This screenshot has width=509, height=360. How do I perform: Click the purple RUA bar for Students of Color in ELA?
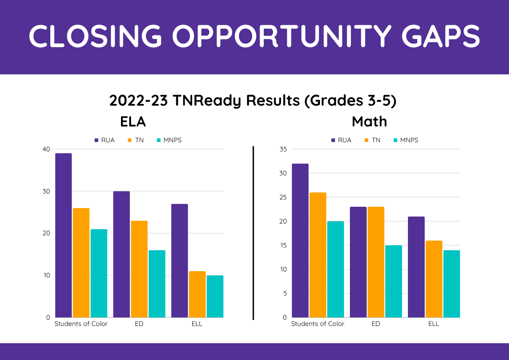63,235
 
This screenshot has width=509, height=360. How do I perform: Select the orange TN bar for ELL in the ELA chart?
197,294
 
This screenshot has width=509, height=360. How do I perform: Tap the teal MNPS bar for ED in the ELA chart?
157,284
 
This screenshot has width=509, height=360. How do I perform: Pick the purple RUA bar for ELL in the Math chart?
416,267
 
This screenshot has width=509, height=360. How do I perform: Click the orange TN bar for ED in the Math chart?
376,262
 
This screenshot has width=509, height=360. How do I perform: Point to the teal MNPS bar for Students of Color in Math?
335,269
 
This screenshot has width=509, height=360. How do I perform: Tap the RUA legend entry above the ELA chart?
104,140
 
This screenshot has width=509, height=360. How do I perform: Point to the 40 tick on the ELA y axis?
46,149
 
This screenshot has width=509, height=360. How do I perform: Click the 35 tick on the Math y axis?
283,149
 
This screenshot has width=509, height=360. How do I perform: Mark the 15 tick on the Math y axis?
283,245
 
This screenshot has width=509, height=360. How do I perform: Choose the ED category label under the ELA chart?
139,324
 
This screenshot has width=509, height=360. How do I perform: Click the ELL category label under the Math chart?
434,324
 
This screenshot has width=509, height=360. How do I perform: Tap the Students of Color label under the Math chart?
318,324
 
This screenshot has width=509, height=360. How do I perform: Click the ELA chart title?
133,122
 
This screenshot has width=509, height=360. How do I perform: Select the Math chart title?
369,122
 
